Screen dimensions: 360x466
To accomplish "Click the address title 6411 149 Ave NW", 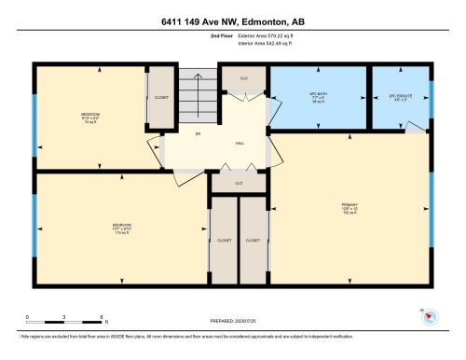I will point(232,20).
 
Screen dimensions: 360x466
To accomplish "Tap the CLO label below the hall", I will point(239,183).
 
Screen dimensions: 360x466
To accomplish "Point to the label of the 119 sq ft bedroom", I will point(122,226).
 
